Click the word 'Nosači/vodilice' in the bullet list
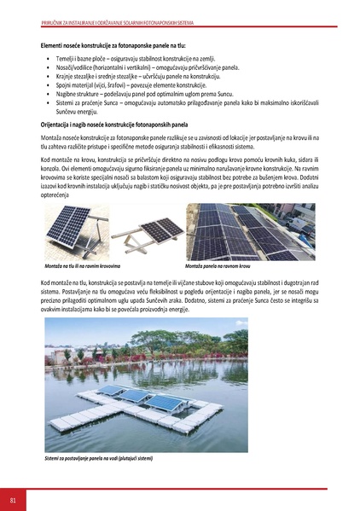(69, 66)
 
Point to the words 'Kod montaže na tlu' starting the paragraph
(66, 282)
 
